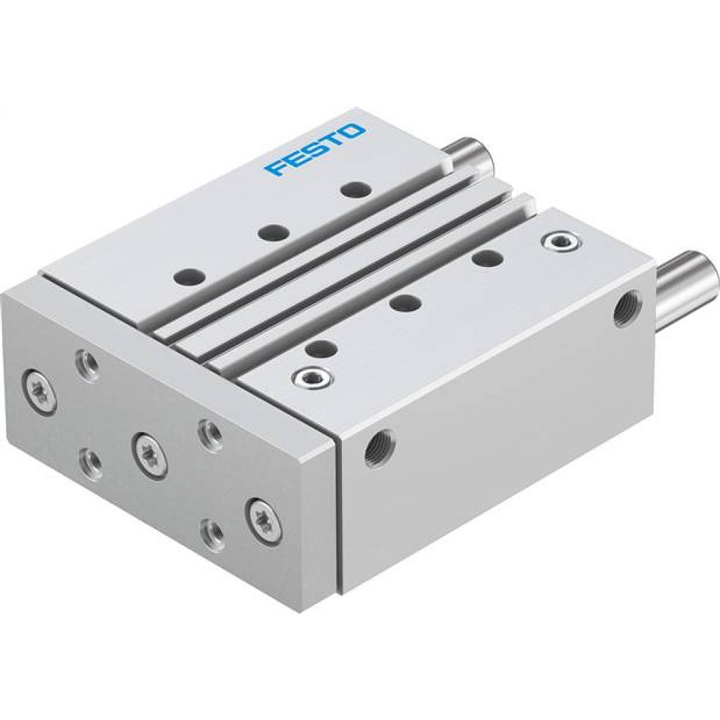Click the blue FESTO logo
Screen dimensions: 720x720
coord(315,148)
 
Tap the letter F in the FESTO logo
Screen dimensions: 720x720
coord(274,168)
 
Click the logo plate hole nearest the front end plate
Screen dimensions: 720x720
coord(190,275)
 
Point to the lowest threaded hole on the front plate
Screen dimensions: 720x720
coord(210,534)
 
